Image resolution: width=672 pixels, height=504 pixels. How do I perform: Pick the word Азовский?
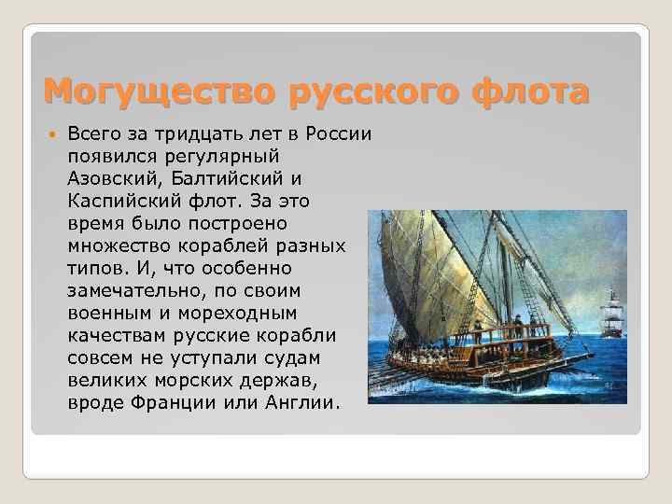coord(106,177)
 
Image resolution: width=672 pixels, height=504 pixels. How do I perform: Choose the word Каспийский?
coord(115,200)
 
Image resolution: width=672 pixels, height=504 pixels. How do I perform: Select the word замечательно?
coord(125,289)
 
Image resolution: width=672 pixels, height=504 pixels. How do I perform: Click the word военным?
coord(105,312)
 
